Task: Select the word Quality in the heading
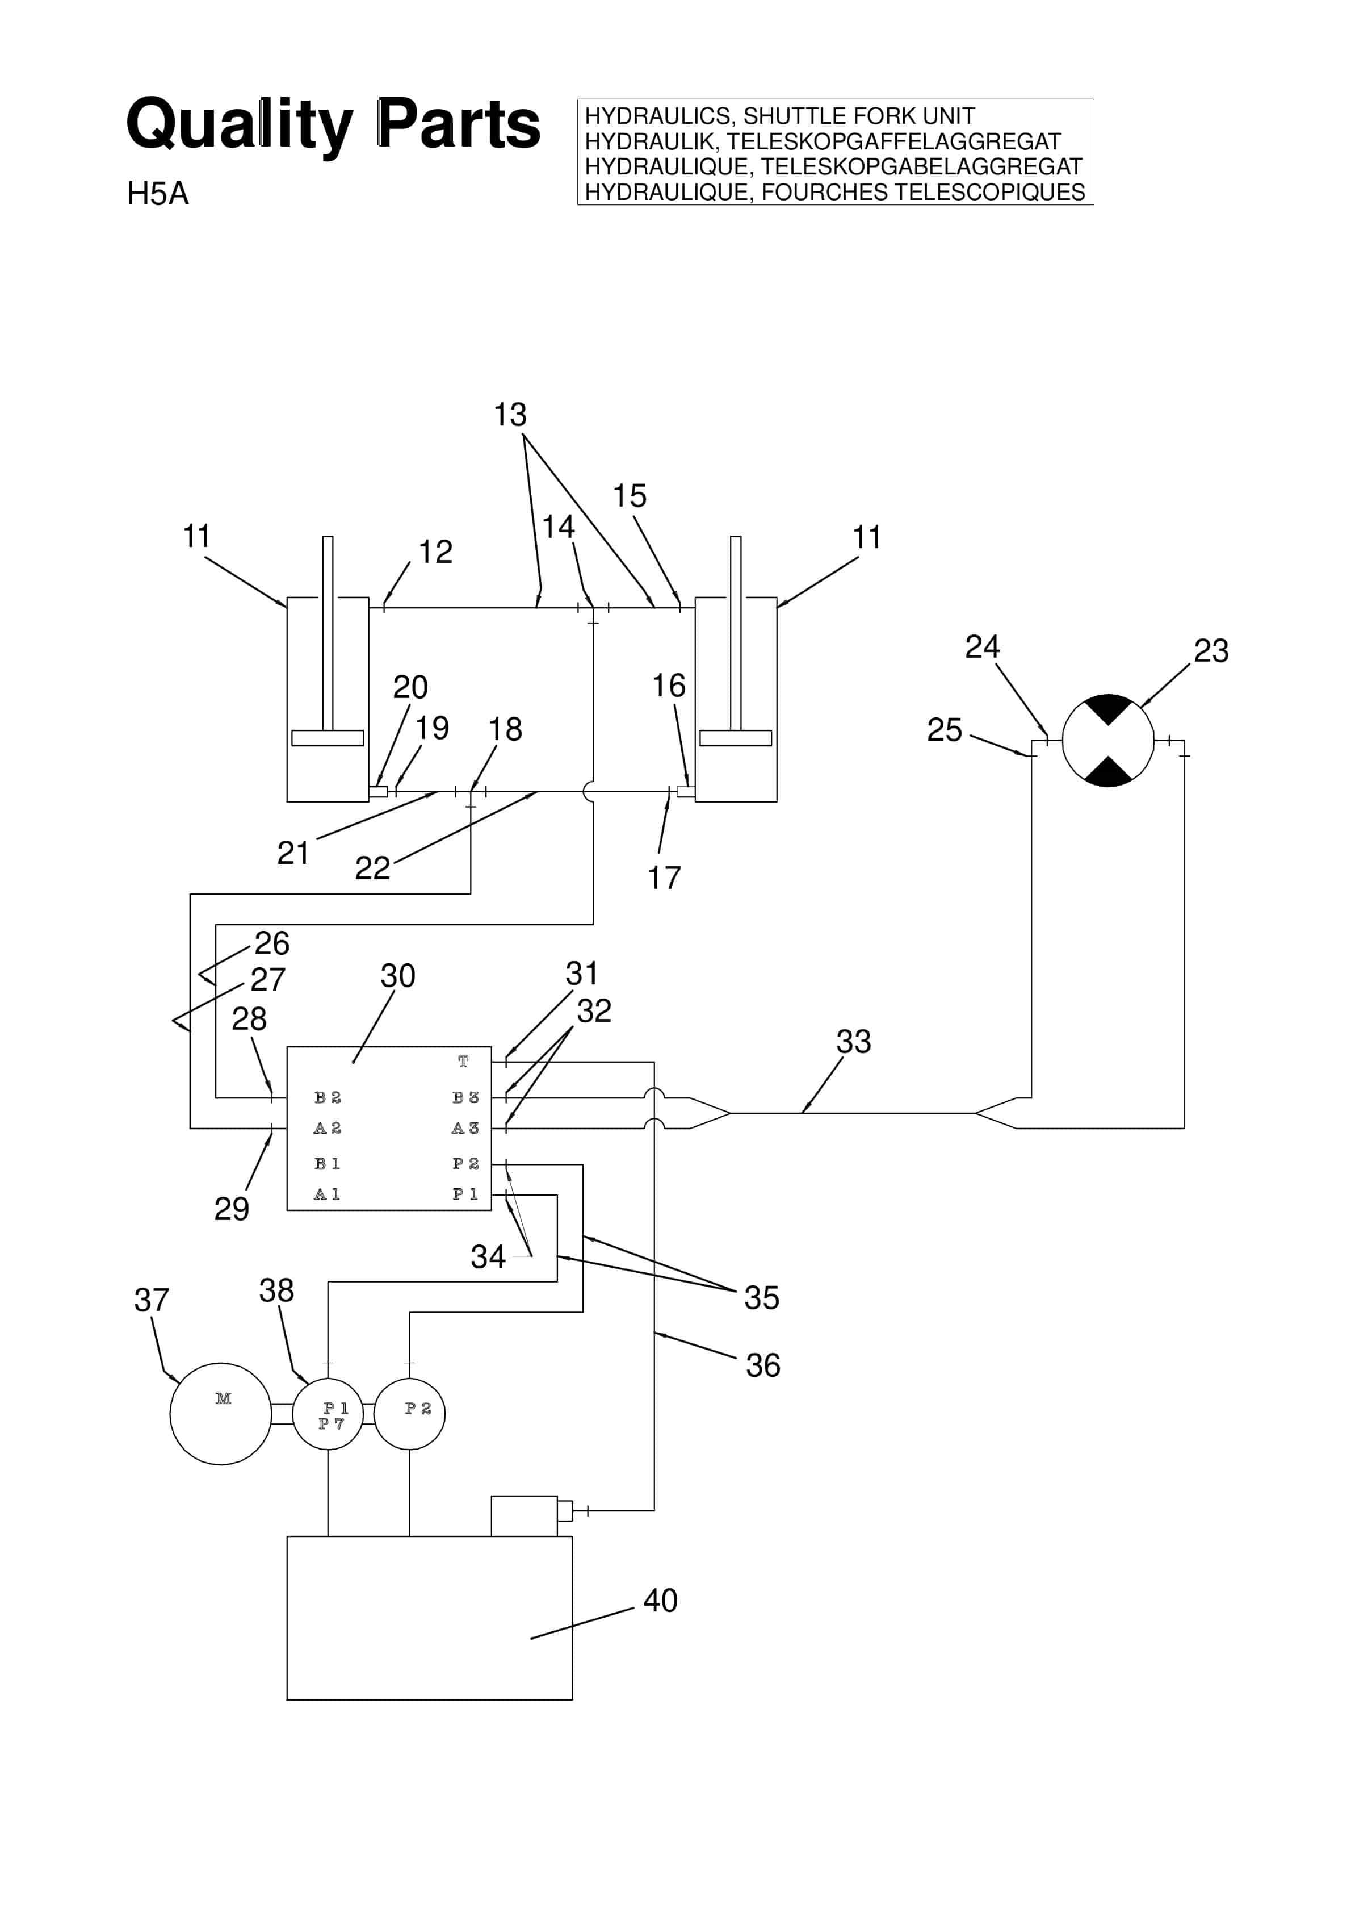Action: [240, 125]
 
